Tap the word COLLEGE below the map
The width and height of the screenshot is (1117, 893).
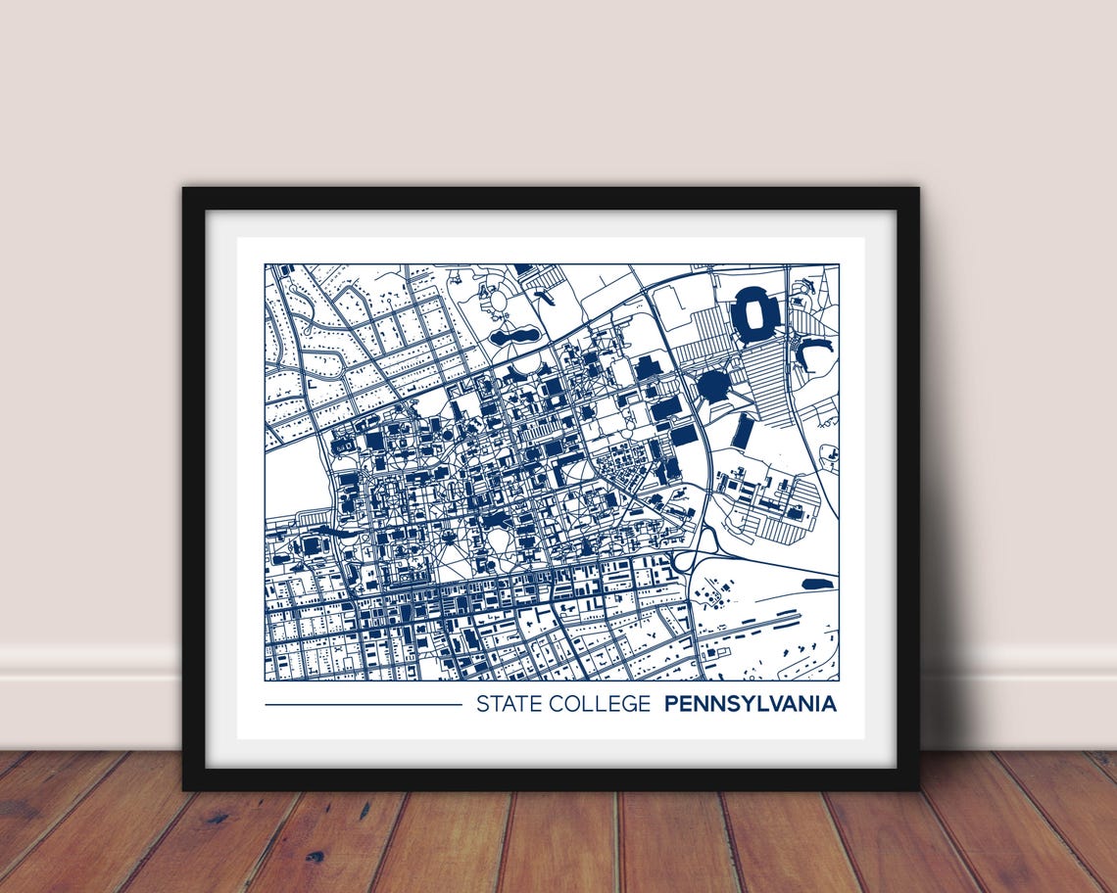600,704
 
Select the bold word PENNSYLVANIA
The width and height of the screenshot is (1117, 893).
751,704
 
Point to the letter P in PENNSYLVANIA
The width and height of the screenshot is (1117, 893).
671,704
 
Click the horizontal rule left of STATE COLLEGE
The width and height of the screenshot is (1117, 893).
363,704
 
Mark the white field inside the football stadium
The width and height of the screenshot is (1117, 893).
755,313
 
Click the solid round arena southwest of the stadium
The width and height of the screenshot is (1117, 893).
712,385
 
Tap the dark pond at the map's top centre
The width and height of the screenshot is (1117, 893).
514,336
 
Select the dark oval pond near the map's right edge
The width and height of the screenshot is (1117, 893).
816,584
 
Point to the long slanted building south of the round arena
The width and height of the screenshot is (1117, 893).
744,431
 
